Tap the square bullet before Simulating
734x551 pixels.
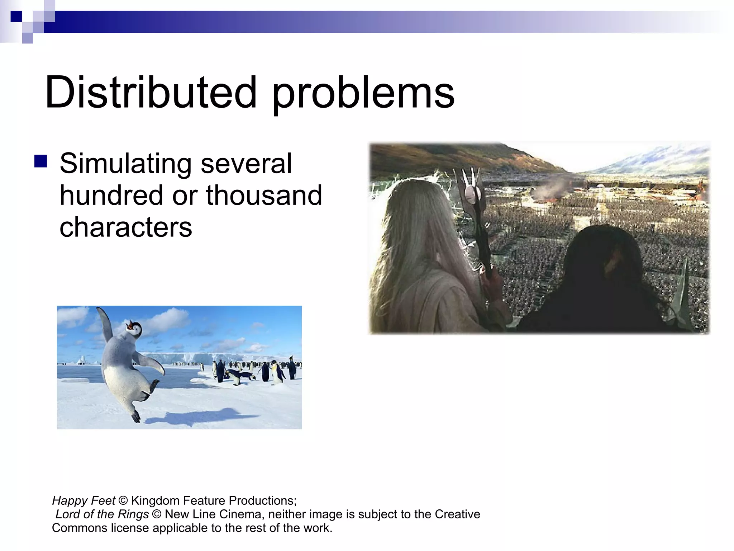point(41,161)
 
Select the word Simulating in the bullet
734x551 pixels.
point(125,164)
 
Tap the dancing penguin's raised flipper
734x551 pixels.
point(104,323)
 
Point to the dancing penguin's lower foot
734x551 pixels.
point(136,416)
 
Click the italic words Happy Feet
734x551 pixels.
point(84,500)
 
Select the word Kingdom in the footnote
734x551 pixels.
point(155,500)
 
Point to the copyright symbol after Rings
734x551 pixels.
point(157,514)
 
